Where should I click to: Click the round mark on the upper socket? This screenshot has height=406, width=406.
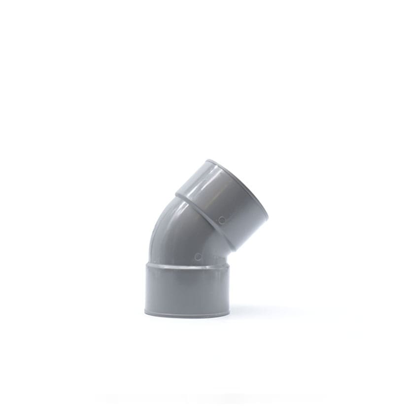click(222, 220)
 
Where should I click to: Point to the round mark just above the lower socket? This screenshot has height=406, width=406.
click(198, 257)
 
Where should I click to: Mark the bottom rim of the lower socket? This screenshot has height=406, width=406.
click(187, 314)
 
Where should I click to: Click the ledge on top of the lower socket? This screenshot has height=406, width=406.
click(187, 267)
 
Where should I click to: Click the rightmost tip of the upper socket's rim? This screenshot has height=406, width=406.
click(268, 217)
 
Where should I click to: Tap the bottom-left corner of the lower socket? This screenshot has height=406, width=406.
click(146, 311)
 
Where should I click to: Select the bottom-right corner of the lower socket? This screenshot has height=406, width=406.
click(229, 312)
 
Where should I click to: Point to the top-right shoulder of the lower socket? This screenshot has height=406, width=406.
click(229, 266)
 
